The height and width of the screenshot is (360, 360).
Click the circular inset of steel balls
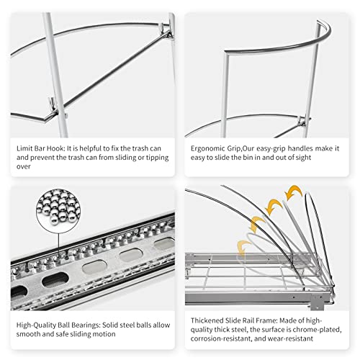pyautogui.click(x=58, y=211)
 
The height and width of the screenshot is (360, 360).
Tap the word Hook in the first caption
pyautogui.click(x=55, y=148)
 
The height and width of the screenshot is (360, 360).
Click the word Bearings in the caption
pyautogui.click(x=86, y=325)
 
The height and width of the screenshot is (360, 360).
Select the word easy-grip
pyautogui.click(x=271, y=149)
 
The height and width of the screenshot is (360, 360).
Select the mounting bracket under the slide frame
pyautogui.click(x=317, y=302)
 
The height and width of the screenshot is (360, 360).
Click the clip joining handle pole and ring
pyautogui.click(x=302, y=122)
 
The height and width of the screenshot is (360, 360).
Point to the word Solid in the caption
pyautogui.click(x=110, y=325)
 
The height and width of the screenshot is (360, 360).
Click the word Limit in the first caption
pyautogui.click(x=24, y=148)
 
